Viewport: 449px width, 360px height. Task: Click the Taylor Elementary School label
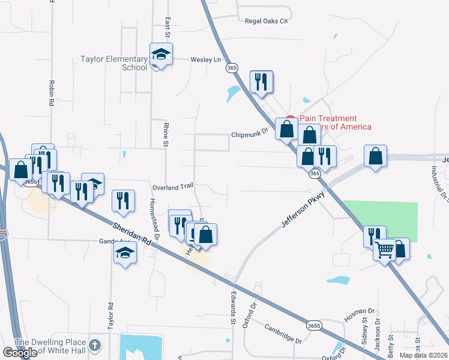[x=114, y=63]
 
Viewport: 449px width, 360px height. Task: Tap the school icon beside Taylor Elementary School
[x=161, y=55]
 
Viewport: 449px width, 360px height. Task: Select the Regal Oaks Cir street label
[x=267, y=21]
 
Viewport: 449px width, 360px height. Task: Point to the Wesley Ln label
[x=206, y=60]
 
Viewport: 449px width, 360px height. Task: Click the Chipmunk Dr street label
[x=249, y=135]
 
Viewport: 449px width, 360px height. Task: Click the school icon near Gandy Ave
[x=125, y=253]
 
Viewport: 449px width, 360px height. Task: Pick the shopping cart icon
[x=385, y=249]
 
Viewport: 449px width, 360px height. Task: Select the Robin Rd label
[x=52, y=93]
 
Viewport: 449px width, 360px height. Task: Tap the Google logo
[x=20, y=352]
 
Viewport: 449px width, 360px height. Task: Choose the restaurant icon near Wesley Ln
[x=261, y=82]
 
